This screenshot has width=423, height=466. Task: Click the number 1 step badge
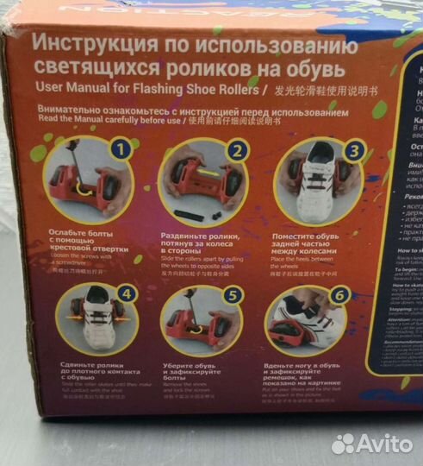tap(121, 148)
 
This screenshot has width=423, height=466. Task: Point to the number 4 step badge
tap(127, 294)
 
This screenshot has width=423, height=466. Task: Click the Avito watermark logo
tap(371, 443)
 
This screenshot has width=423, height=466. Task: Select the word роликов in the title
tap(211, 68)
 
